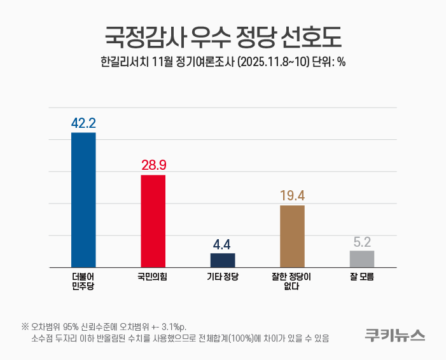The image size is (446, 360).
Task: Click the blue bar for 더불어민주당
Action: pyautogui.click(x=83, y=200)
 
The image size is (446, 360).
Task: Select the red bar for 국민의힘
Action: pyautogui.click(x=153, y=221)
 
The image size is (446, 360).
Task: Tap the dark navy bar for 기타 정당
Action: pyautogui.click(x=223, y=260)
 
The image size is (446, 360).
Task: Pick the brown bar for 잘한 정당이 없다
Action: pyautogui.click(x=292, y=236)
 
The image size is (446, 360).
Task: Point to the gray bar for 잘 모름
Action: pyautogui.click(x=362, y=259)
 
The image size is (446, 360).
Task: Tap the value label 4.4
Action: pyautogui.click(x=223, y=244)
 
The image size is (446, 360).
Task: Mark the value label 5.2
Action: pyautogui.click(x=362, y=242)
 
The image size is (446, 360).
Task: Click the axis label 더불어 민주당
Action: pyautogui.click(x=83, y=281)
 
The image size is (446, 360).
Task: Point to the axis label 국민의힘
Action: pyautogui.click(x=153, y=277)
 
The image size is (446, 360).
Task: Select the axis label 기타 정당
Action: pyautogui.click(x=223, y=277)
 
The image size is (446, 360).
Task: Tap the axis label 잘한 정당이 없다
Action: pyautogui.click(x=292, y=281)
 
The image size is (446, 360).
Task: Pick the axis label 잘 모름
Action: pyautogui.click(x=362, y=277)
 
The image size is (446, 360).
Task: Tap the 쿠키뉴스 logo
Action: pyautogui.click(x=395, y=335)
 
